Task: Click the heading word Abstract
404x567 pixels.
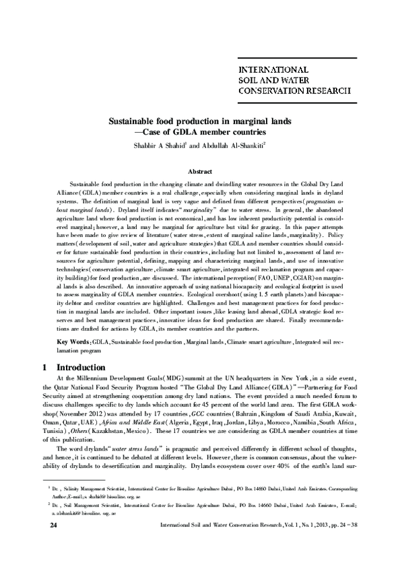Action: [202, 172]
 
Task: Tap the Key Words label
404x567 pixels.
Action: [71, 342]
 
